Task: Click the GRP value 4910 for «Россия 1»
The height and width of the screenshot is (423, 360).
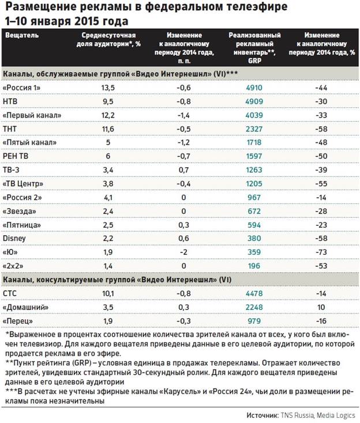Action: [254, 88]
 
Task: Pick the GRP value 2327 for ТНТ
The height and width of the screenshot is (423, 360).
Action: [254, 129]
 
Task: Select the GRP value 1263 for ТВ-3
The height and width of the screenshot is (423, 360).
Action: [254, 169]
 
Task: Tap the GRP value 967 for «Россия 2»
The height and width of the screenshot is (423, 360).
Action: [254, 197]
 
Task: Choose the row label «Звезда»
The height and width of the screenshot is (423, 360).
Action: [20, 210]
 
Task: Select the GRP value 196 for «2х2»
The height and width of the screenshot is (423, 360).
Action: [254, 265]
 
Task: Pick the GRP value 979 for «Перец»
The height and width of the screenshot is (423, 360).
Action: [254, 320]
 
